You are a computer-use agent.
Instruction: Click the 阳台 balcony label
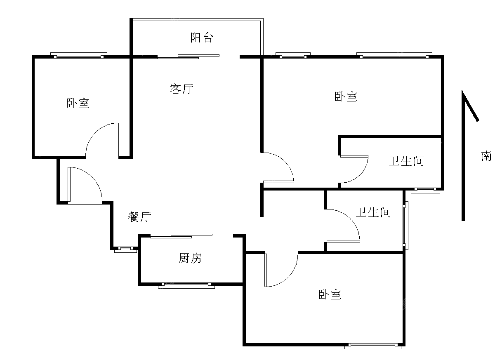tap(202, 38)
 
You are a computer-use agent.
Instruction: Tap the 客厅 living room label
tap(181, 89)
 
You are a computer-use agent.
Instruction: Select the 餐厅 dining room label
tap(139, 216)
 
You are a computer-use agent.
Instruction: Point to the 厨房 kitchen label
tap(190, 258)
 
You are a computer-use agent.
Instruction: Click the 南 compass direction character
tap(486, 156)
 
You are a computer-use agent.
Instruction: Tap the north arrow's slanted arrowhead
tap(471, 106)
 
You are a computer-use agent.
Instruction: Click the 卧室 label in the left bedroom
tap(78, 103)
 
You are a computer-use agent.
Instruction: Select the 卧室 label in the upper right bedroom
tap(346, 96)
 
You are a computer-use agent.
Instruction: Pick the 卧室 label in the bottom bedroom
tap(330, 294)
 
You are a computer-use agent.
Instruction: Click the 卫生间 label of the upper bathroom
tap(406, 161)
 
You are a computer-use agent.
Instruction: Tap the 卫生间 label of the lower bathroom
tap(373, 212)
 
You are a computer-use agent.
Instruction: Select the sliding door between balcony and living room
tap(188, 56)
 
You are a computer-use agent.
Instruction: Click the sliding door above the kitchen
tap(181, 236)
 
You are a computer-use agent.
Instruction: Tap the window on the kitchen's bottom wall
tap(186, 286)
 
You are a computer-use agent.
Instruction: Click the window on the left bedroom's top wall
tap(79, 55)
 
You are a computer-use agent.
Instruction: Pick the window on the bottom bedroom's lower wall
tap(373, 346)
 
